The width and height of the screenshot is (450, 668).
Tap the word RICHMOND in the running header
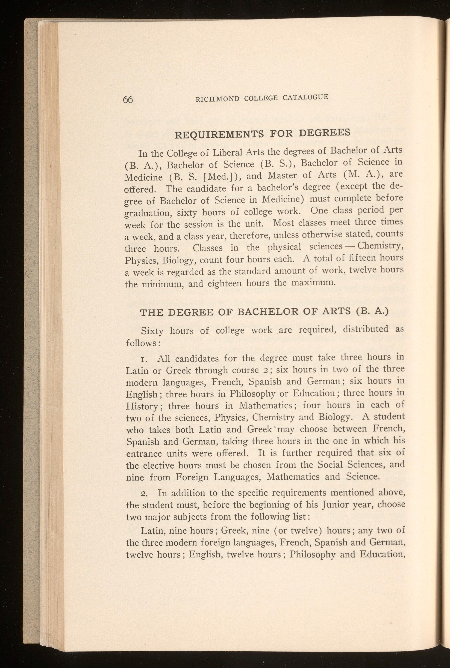[217, 99]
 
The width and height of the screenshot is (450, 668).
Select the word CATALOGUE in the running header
[305, 97]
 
